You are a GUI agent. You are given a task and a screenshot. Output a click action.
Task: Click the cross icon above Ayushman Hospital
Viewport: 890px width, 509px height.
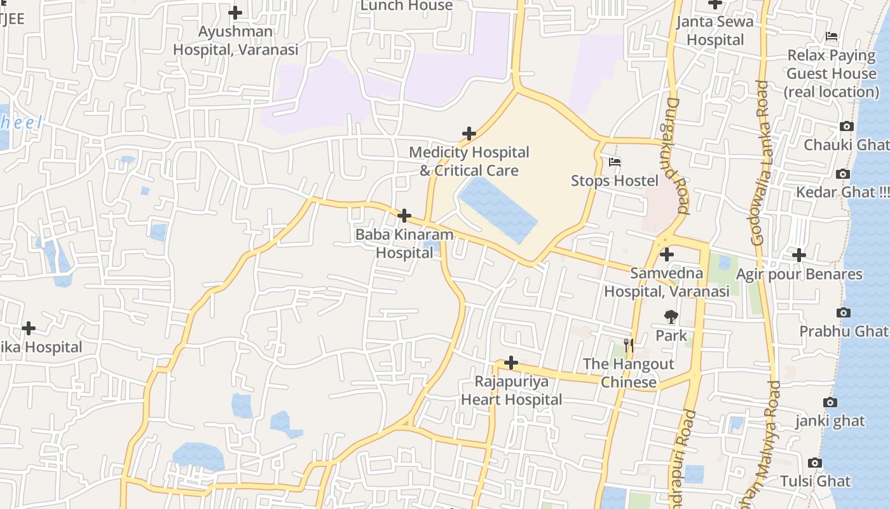tap(235, 12)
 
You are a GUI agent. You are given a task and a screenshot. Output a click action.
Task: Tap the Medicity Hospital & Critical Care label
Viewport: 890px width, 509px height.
tap(469, 161)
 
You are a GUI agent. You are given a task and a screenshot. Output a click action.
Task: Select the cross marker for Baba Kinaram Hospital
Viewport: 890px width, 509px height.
tap(404, 216)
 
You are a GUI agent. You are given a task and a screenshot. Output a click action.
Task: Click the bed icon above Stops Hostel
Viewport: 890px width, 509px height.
tap(614, 162)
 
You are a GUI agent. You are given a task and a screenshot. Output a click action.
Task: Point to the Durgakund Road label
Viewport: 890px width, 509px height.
tap(678, 155)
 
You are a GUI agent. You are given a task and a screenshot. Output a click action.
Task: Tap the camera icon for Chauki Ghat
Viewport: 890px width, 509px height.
tap(846, 127)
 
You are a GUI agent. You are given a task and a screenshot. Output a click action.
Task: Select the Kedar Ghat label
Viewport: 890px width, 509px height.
tap(842, 192)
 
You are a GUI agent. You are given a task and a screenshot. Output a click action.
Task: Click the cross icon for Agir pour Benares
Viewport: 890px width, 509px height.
tap(799, 255)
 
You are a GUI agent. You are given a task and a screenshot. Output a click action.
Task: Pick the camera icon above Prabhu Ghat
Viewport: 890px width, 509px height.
tap(844, 312)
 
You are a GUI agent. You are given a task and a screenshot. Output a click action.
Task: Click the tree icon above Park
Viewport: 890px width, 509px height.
tap(671, 316)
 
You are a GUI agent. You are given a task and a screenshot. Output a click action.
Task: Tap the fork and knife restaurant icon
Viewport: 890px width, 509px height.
tap(629, 345)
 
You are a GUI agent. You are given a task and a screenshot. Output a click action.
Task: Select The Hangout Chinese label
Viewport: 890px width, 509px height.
tap(628, 373)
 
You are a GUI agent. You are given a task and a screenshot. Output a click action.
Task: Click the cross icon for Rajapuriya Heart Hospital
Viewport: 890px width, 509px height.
tap(510, 363)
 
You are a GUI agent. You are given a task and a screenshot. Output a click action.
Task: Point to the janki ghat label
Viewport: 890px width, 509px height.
tap(830, 421)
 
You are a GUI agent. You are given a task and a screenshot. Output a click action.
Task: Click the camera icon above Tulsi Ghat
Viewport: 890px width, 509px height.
tap(815, 463)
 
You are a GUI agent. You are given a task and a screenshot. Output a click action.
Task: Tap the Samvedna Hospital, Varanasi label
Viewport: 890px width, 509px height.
tap(666, 282)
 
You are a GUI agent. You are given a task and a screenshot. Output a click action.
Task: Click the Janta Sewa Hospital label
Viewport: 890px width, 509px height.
tap(715, 31)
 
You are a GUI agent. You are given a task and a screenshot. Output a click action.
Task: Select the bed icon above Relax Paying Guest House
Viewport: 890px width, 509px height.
tap(832, 36)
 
